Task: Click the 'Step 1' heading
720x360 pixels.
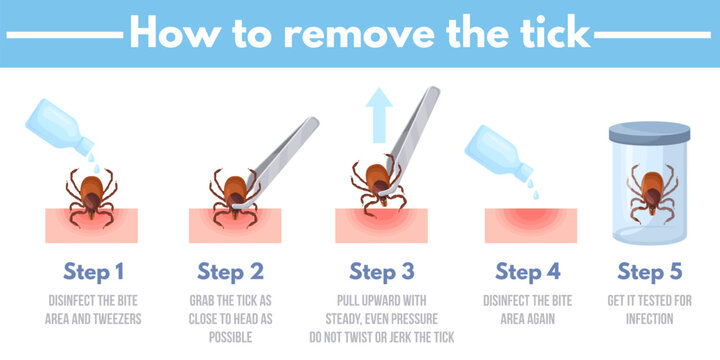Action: (x=95, y=271)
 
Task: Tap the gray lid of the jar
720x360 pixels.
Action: (x=649, y=131)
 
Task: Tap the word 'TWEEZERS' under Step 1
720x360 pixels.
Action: (x=120, y=318)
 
